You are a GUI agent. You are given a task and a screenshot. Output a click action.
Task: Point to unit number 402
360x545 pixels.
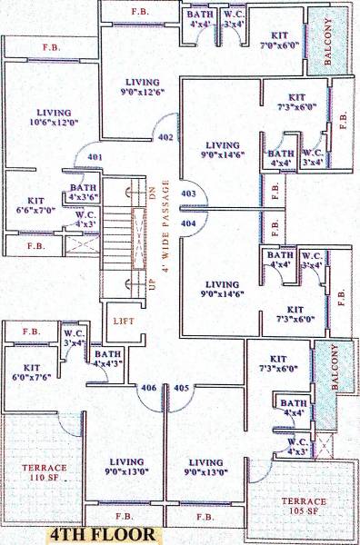tap(165, 138)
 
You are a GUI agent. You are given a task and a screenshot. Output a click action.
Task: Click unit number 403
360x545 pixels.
tap(189, 193)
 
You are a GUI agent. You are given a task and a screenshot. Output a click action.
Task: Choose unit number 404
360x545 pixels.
tap(189, 223)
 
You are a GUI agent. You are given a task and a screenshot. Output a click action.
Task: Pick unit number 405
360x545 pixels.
tap(181, 389)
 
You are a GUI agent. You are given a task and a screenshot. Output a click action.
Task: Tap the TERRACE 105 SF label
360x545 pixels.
tap(304, 506)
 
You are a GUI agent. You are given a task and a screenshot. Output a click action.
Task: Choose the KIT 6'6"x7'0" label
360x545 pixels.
tap(30, 205)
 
